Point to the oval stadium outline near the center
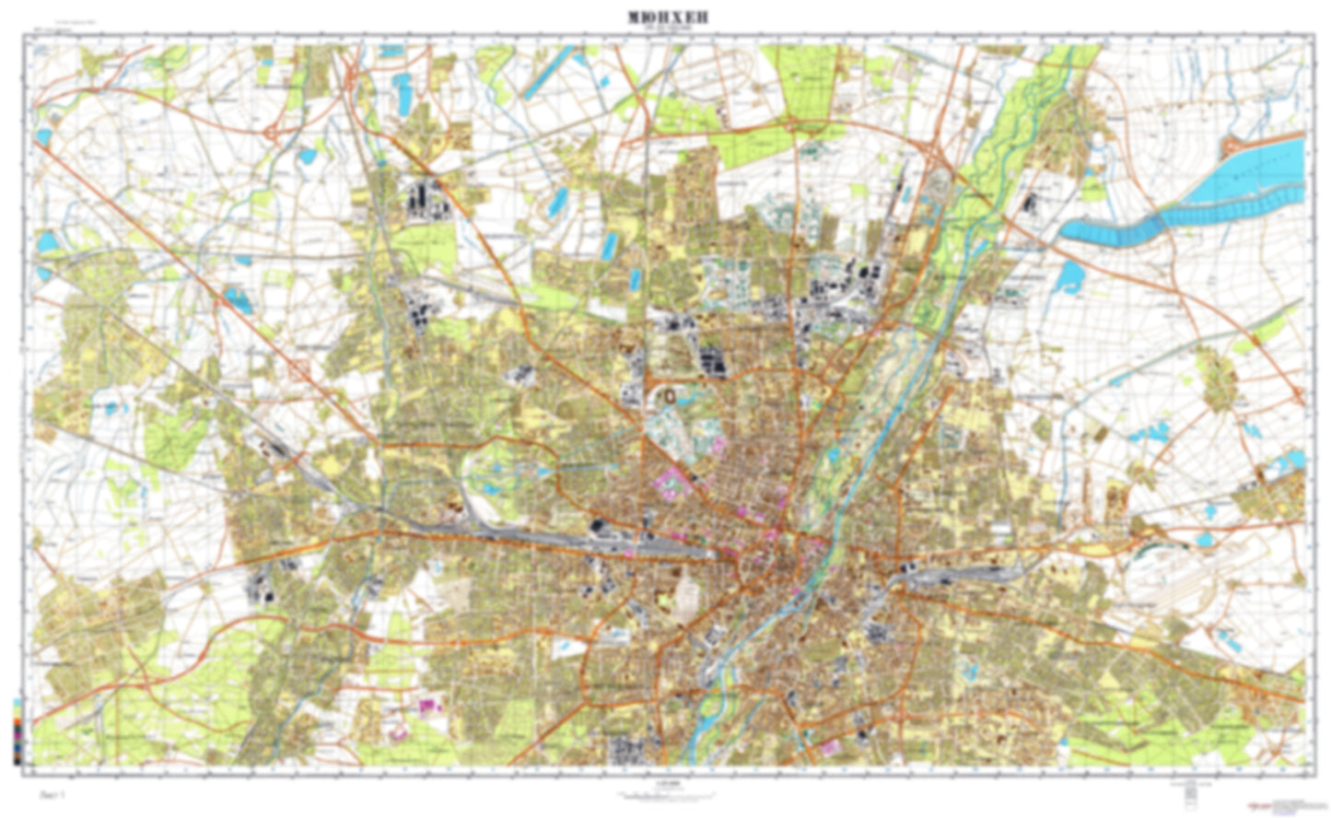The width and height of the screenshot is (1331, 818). click(x=670, y=395)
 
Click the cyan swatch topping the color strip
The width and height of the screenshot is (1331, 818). click(x=18, y=703)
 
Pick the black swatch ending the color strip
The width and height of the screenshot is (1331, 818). click(x=18, y=760)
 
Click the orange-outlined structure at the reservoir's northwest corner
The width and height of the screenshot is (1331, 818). click(x=1232, y=147)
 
